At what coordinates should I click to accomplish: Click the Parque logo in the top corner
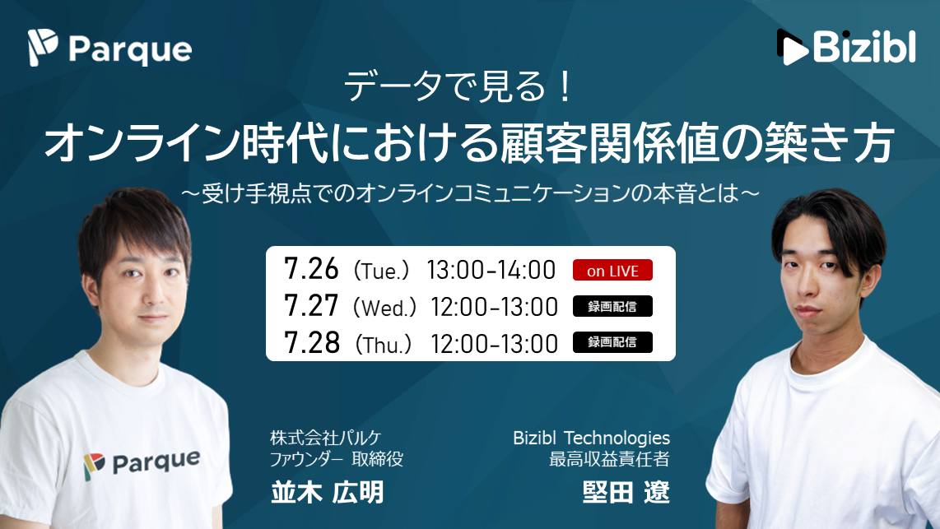point(109,48)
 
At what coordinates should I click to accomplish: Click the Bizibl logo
point(846,47)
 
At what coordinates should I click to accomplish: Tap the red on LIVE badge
point(612,270)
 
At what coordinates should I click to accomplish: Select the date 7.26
point(311,269)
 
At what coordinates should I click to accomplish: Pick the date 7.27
point(311,305)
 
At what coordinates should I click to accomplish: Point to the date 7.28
point(312,343)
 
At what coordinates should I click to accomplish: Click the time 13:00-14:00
point(491,270)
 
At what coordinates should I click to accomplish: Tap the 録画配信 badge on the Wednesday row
point(612,307)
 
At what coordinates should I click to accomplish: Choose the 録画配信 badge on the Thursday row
point(612,342)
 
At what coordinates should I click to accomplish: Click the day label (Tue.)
point(381,271)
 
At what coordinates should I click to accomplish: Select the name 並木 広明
point(327,493)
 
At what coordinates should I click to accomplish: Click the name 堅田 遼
point(626,493)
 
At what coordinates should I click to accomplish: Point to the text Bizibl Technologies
point(591,438)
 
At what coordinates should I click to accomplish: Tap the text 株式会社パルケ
point(325,438)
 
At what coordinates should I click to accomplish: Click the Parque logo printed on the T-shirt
point(142,464)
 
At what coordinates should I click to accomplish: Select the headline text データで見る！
point(458,86)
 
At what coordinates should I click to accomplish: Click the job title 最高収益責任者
point(609,460)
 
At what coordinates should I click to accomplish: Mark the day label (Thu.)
point(383,345)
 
